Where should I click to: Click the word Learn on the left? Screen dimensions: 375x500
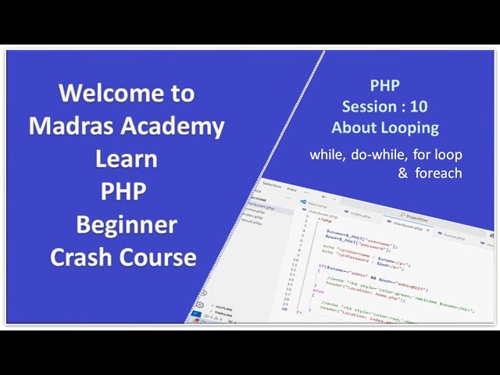(126, 159)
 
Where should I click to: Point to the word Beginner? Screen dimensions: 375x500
(127, 225)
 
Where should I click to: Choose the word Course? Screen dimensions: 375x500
(165, 257)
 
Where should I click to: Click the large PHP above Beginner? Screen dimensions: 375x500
(123, 192)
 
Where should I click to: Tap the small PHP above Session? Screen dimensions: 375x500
(385, 87)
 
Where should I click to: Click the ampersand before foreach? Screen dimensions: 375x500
(403, 173)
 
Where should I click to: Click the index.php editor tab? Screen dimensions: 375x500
(355, 218)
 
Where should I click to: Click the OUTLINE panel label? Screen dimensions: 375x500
(223, 308)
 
